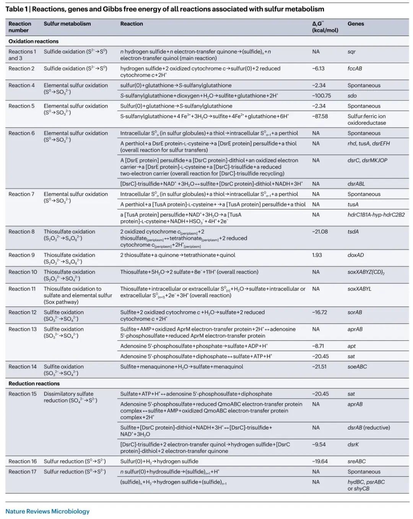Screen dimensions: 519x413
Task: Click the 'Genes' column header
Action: pos(356,24)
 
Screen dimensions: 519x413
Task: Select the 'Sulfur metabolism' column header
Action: pos(67,24)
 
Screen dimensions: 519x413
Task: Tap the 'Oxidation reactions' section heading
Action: pos(34,41)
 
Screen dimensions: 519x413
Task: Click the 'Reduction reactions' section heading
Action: pos(34,383)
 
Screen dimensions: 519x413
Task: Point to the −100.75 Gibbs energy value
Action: pos(321,96)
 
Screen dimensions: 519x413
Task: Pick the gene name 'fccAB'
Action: pos(354,68)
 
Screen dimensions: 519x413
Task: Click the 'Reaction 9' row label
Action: pos(21,255)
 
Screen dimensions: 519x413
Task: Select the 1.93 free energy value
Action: pos(317,255)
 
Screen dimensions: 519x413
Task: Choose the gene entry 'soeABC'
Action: pos(357,367)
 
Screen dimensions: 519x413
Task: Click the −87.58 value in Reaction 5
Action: pos(320,116)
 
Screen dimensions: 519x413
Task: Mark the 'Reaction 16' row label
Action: pos(23,461)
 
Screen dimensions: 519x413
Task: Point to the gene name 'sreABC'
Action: pos(356,461)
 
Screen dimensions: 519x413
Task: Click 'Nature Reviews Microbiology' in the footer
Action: pos(47,511)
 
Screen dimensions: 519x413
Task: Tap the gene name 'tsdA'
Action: pos(353,232)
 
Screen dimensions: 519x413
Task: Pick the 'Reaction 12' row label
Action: pos(23,312)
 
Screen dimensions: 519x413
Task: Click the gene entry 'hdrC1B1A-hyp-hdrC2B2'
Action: pos(376,215)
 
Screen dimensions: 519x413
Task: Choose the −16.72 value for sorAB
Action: pos(319,312)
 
